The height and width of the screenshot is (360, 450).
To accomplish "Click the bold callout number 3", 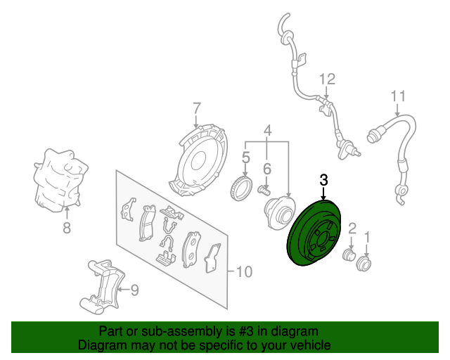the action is pyautogui.click(x=323, y=180).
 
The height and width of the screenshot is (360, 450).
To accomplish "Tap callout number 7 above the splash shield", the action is pyautogui.click(x=196, y=109).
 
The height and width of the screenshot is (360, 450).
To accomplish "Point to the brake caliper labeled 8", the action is pyautogui.click(x=60, y=180).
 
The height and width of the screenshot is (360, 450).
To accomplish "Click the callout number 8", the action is pyautogui.click(x=67, y=228).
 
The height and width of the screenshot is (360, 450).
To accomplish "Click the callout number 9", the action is pyautogui.click(x=134, y=290).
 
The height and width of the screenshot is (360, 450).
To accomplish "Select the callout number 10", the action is pyautogui.click(x=244, y=271).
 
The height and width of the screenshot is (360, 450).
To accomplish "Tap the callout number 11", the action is pyautogui.click(x=399, y=96).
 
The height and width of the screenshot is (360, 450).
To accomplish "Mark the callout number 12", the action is pyautogui.click(x=328, y=79).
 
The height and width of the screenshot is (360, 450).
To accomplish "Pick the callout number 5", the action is pyautogui.click(x=245, y=158).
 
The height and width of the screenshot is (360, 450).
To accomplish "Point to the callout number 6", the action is pyautogui.click(x=267, y=169).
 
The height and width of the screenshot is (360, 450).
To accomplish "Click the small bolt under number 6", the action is pyautogui.click(x=264, y=191).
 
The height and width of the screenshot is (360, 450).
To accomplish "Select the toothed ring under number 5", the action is pyautogui.click(x=242, y=189).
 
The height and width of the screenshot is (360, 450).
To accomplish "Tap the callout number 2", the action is pyautogui.click(x=352, y=229).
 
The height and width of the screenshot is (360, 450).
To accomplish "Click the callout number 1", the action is pyautogui.click(x=367, y=238).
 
